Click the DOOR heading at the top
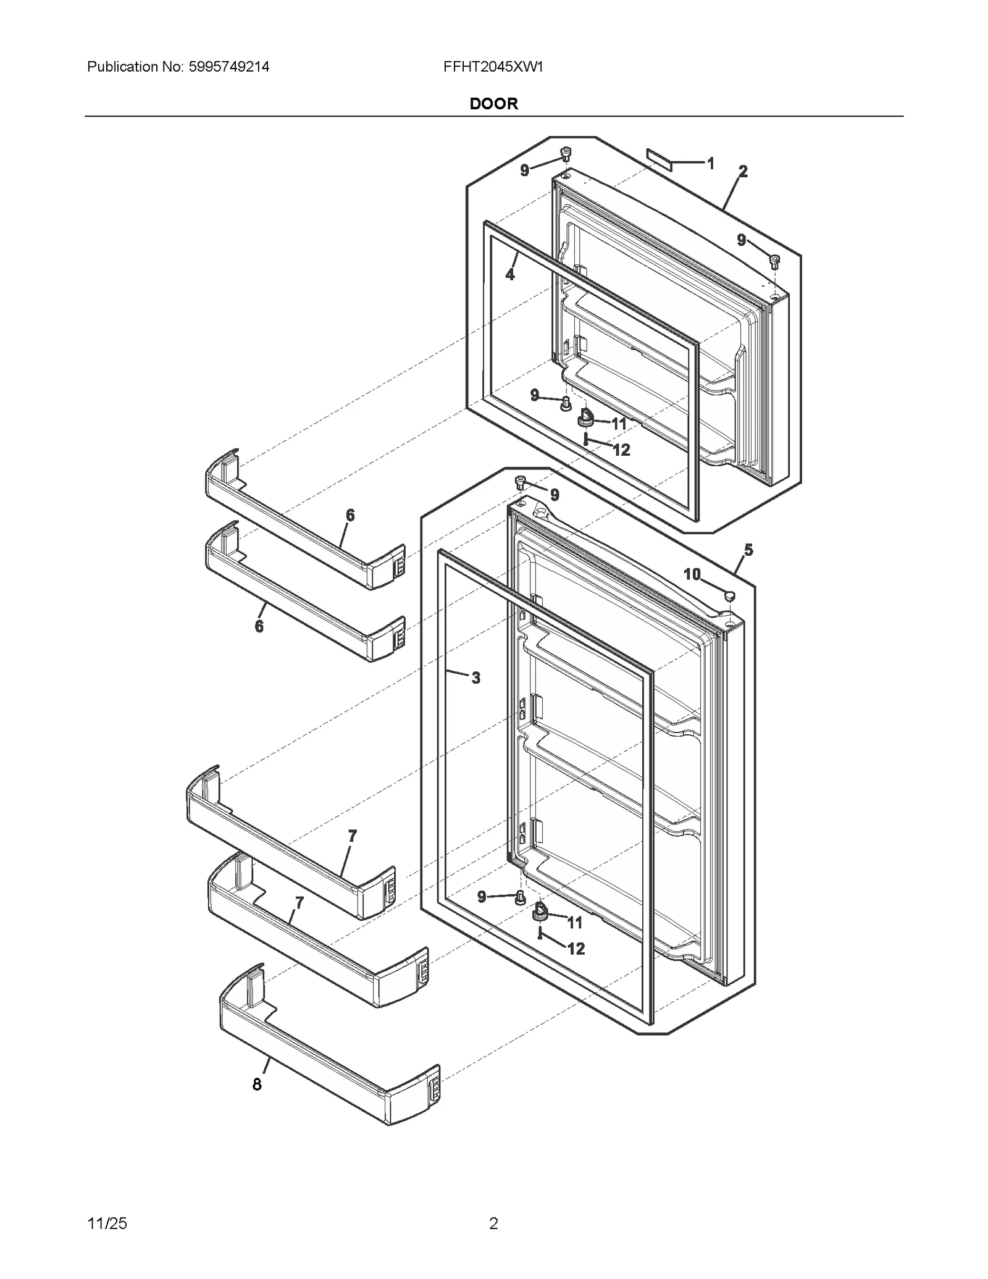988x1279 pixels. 493,104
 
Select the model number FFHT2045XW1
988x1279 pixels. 493,67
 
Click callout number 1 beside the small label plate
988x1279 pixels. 711,164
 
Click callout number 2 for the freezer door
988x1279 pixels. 743,172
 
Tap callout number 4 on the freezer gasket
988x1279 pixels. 510,274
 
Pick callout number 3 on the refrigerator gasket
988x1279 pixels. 475,678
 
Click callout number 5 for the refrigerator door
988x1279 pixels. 748,550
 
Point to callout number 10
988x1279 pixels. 692,574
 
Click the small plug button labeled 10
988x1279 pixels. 729,595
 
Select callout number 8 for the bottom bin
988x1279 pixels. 257,1084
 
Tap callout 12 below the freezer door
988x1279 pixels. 621,450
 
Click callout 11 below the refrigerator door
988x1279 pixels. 575,923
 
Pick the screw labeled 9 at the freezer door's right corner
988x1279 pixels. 774,261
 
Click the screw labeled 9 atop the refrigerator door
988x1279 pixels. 521,482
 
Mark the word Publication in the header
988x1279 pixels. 123,67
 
